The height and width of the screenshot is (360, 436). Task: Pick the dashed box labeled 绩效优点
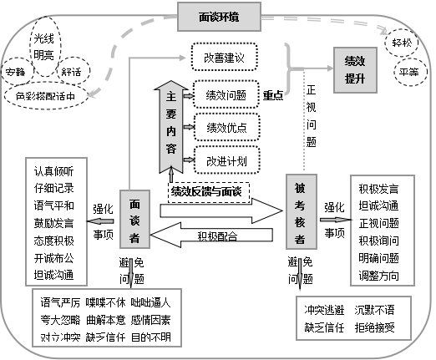coord(226,127)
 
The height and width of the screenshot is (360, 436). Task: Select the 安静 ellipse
coord(15,72)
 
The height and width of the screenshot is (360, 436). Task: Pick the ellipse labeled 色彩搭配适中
coord(51,96)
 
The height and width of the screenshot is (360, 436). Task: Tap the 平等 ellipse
coord(408,72)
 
